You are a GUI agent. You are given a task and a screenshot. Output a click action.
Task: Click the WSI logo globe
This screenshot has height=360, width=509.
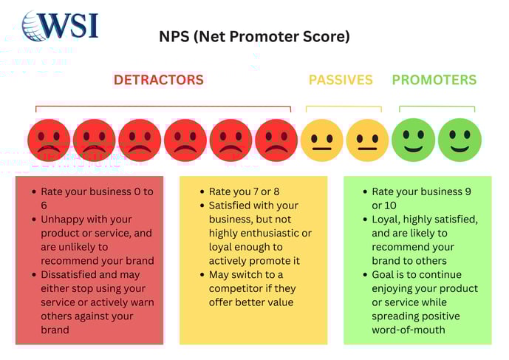tap(34, 26)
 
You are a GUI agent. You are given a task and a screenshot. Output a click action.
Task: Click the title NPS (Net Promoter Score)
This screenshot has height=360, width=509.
tap(255, 36)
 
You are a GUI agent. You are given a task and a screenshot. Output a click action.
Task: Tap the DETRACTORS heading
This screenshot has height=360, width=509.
tap(158, 80)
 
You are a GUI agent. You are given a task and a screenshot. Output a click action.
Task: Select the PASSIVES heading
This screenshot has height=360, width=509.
tap(341, 80)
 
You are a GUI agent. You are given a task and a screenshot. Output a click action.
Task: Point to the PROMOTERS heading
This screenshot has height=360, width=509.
tap(434, 80)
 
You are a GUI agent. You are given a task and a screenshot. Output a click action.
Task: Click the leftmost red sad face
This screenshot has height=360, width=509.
tap(49, 140)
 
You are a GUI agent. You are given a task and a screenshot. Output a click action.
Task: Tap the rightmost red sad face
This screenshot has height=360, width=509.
tap(276, 140)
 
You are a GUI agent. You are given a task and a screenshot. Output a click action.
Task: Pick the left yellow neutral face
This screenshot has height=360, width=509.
tap(322, 140)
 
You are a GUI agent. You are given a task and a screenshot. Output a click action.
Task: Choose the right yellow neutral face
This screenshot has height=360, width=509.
tap(367, 140)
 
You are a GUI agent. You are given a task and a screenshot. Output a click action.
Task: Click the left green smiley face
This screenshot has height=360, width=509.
tap(413, 140)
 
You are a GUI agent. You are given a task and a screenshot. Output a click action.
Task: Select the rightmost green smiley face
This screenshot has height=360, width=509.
tap(459, 140)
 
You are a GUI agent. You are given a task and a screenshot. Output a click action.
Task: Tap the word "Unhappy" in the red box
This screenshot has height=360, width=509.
tap(62, 220)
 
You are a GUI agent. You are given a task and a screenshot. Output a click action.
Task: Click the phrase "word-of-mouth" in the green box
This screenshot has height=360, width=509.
tap(409, 330)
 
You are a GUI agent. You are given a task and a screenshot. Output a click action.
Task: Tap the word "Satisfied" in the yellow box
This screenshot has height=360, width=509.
tap(233, 206)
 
